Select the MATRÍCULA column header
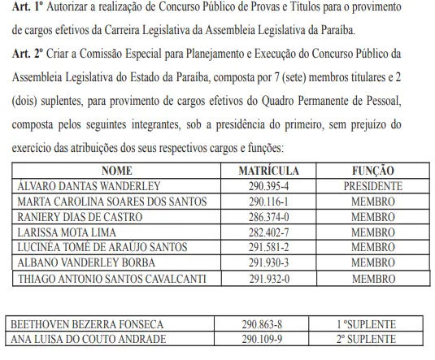click(x=269, y=171)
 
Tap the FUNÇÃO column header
click(x=373, y=171)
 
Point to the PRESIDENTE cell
click(x=373, y=186)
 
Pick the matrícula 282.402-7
click(x=269, y=232)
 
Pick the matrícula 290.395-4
click(x=269, y=186)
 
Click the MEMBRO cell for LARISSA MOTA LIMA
click(x=373, y=232)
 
